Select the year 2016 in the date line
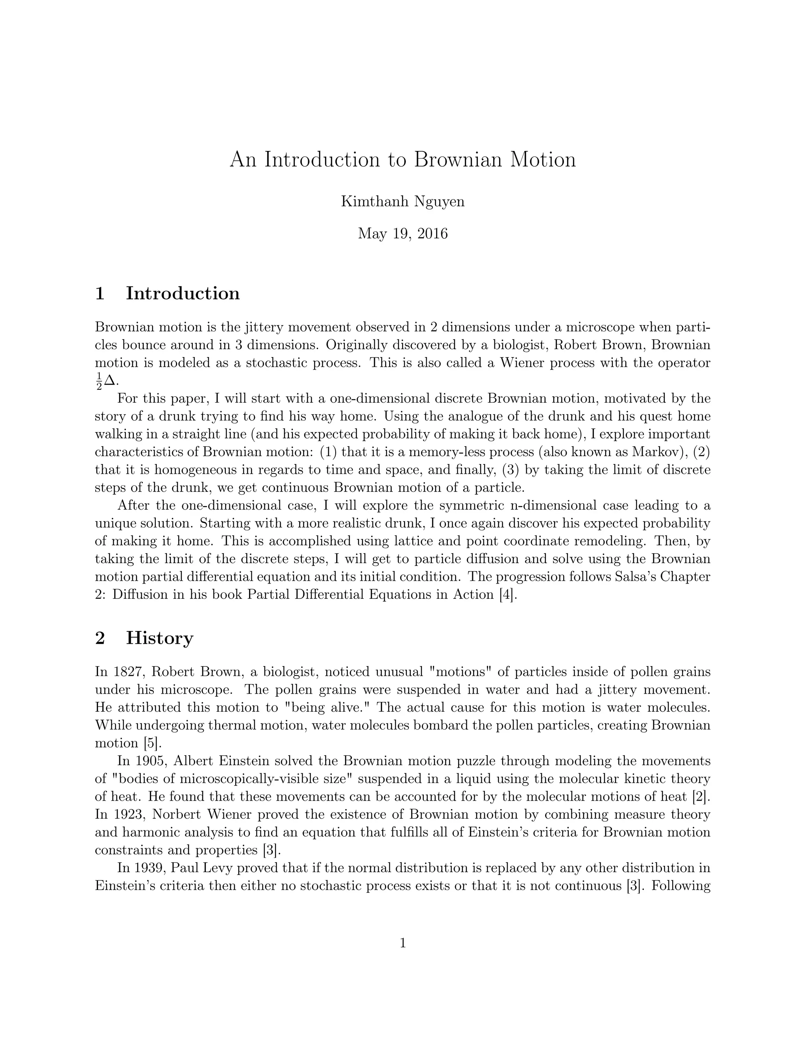[x=433, y=234]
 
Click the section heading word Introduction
[x=183, y=293]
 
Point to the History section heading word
[x=159, y=638]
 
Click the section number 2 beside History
[x=100, y=638]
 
